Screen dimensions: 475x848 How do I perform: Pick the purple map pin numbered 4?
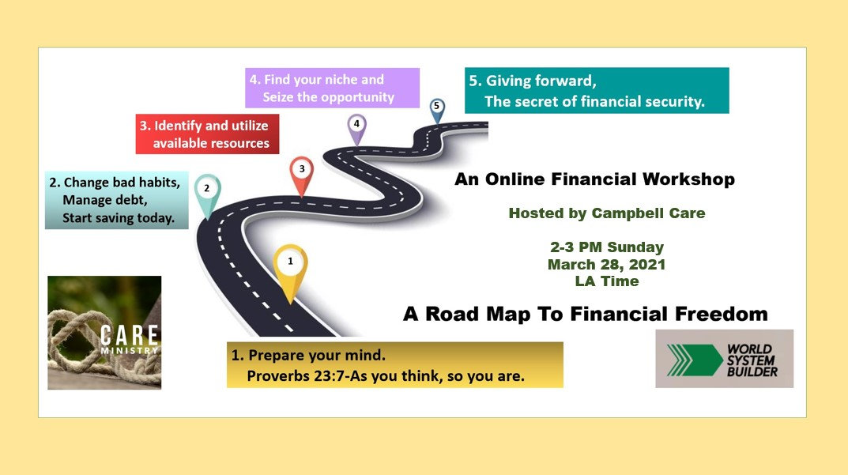tap(357, 125)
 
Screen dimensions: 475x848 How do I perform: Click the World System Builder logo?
tap(724, 359)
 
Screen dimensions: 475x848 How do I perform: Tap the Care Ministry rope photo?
tap(104, 332)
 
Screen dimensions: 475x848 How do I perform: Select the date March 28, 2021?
tap(607, 264)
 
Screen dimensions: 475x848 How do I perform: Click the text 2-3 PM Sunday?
tap(607, 247)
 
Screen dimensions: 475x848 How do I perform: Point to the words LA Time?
tap(607, 281)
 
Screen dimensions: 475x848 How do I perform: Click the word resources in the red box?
tap(239, 143)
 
